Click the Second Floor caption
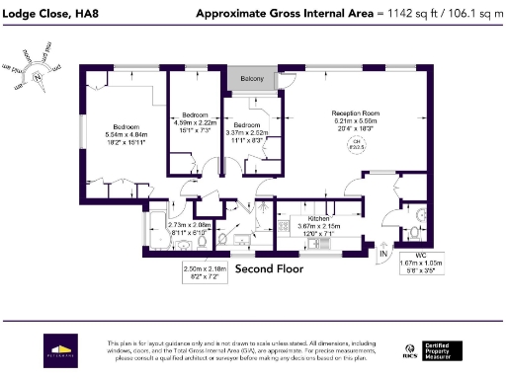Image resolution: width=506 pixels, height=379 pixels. point(269,267)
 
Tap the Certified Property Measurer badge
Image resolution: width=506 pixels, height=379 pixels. point(447,349)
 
